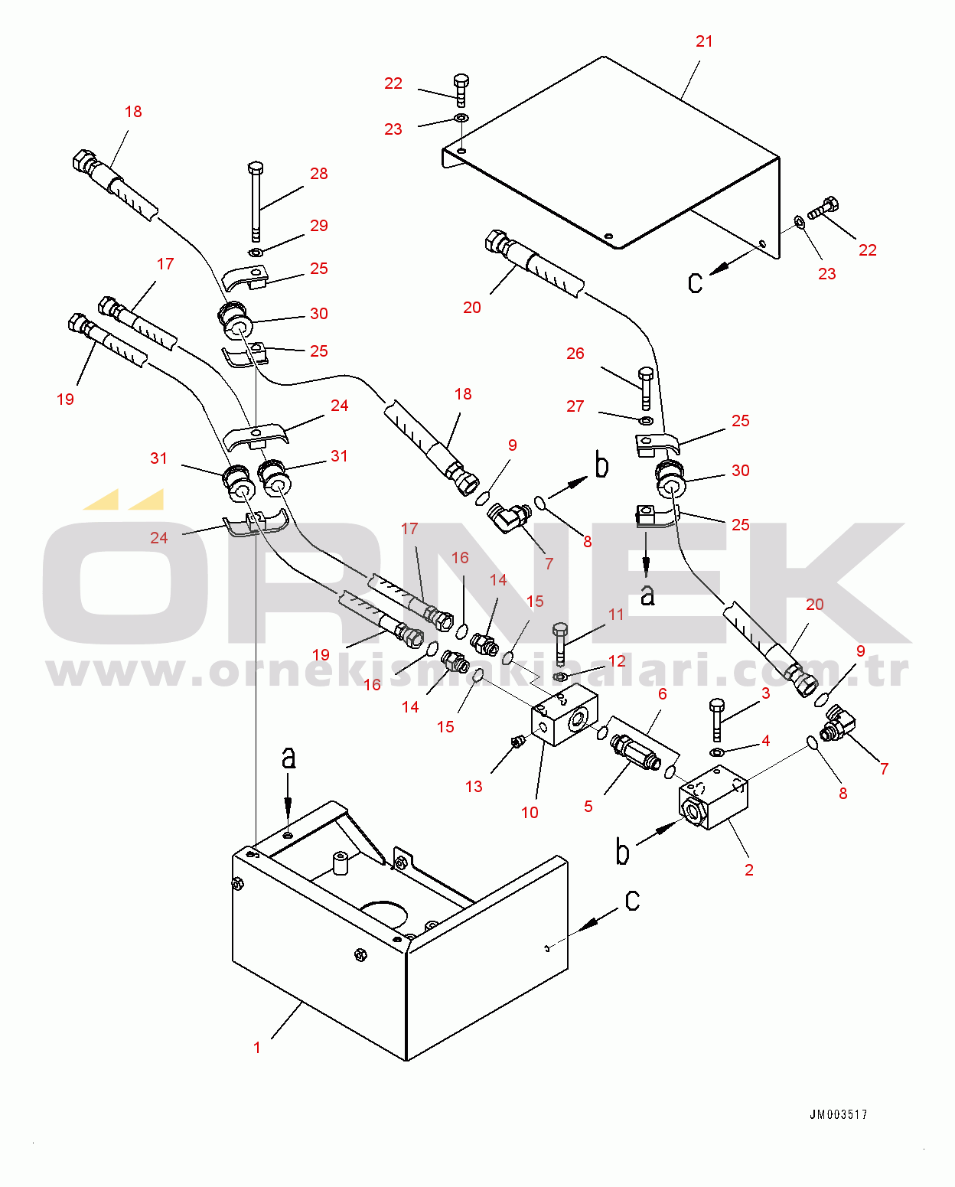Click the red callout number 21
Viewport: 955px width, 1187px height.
[704, 41]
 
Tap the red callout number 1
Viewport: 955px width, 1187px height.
[256, 1048]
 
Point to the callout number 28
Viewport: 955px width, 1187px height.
[319, 174]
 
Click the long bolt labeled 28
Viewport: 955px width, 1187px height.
[256, 202]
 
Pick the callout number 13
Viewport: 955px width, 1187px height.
[474, 787]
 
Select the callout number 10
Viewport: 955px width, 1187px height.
[530, 813]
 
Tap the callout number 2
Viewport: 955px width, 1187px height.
[748, 870]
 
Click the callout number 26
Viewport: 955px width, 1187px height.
[575, 354]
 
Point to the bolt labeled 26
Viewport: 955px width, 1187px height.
[646, 389]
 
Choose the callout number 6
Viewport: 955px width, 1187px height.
[663, 694]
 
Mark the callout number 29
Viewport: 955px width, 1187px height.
[319, 226]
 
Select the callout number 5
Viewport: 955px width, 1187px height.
[588, 807]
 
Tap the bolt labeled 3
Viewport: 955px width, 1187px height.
[717, 720]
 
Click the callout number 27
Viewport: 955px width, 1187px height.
[575, 406]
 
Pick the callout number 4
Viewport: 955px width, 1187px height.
[766, 741]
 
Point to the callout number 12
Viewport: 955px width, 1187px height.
[617, 660]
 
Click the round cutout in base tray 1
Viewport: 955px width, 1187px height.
[385, 915]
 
